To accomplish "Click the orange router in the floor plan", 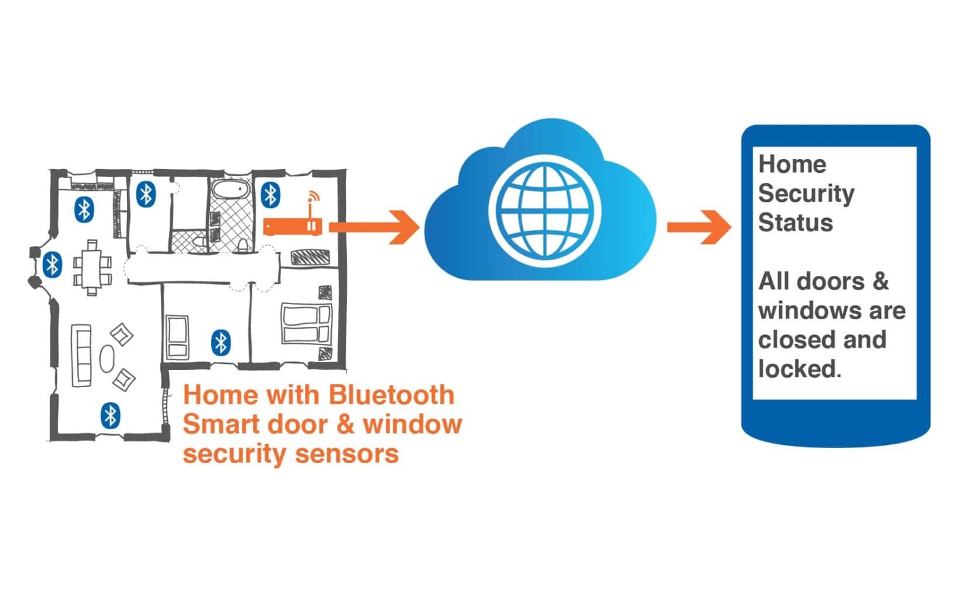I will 293,226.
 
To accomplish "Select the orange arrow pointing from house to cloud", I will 374,226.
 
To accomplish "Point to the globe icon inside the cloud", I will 545,211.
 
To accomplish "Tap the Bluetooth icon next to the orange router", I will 270,195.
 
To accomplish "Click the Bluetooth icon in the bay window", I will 52,265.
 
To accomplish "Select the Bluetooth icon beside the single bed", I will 221,343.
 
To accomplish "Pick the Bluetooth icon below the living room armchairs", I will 111,415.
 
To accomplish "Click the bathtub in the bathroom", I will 231,189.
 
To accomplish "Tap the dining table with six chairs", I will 92,268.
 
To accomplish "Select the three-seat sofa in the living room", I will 81,355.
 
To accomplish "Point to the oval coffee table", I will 107,359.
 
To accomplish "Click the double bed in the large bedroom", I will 307,324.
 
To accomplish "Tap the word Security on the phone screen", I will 806,194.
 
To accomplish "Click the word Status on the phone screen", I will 795,223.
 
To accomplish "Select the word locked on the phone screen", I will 799,369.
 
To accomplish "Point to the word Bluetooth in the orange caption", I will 391,395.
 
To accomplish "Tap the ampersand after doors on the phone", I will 881,282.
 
